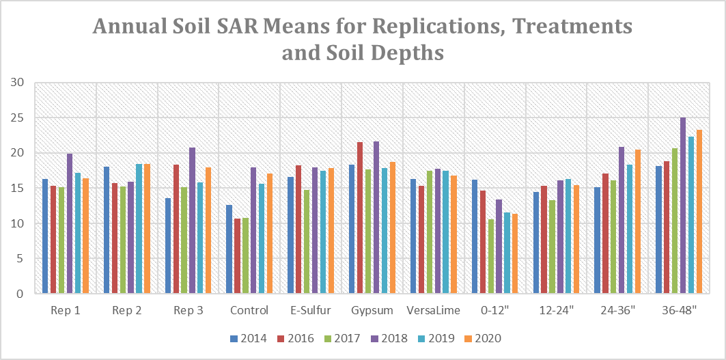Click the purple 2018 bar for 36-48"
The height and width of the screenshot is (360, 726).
pos(682,206)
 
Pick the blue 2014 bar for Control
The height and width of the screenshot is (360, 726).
pos(229,249)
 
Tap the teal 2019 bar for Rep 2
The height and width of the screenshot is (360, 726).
pos(139,229)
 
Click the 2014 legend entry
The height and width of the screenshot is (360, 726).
pos(242,338)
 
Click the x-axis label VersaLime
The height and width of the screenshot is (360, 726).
pos(434,310)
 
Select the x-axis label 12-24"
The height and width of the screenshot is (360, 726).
pos(557,310)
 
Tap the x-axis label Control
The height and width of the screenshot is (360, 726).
pos(249,310)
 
